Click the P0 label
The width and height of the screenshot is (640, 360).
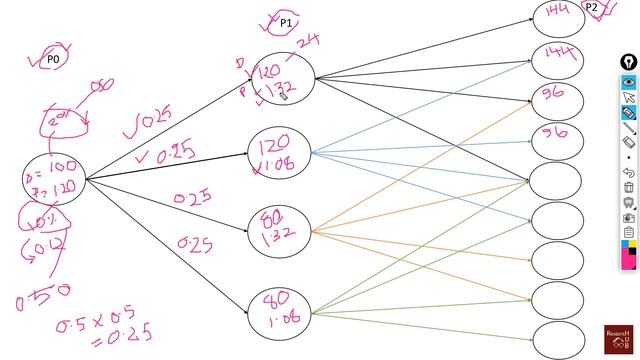pyautogui.click(x=54, y=60)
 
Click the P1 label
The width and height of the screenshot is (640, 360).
pyautogui.click(x=286, y=23)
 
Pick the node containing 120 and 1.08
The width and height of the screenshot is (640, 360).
pyautogui.click(x=279, y=152)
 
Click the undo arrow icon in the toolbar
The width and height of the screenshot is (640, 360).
pyautogui.click(x=629, y=173)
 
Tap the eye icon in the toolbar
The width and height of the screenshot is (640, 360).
pyautogui.click(x=629, y=81)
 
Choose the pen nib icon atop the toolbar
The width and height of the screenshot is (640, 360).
pyautogui.click(x=629, y=63)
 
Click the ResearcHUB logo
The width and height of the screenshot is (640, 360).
pyautogui.click(x=619, y=340)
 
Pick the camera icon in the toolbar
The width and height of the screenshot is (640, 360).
pyautogui.click(x=629, y=217)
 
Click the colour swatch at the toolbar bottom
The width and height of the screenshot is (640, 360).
pyautogui.click(x=629, y=251)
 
